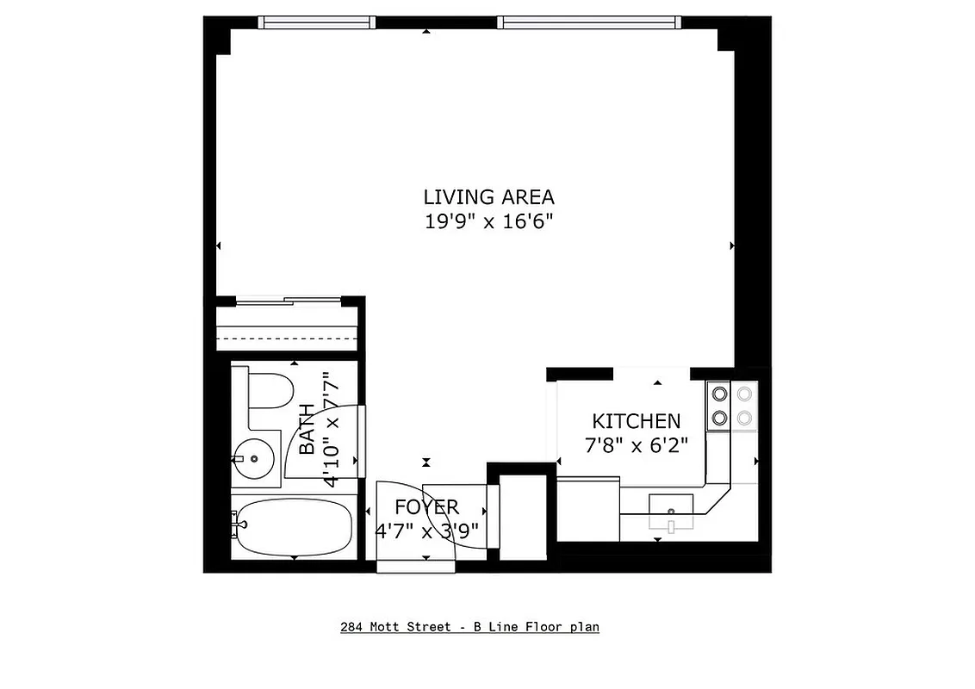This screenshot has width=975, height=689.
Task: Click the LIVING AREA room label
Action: pos(487,196)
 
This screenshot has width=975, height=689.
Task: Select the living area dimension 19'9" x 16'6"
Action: pos(487,221)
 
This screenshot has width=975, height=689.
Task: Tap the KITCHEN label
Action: pos(636,421)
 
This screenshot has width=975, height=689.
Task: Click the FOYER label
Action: pos(426,506)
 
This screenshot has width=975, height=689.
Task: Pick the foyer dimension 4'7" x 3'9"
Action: pos(426,531)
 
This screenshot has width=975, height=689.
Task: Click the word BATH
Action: pos(307,430)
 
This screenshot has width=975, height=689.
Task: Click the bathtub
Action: pos(295,527)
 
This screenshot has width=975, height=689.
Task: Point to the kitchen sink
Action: pos(670,510)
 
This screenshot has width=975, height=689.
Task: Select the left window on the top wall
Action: pos(318,22)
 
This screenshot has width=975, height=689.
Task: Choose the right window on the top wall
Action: pos(588,22)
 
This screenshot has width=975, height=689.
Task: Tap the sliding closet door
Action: pos(289,301)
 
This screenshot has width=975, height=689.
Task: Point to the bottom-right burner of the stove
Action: pos(744,419)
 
